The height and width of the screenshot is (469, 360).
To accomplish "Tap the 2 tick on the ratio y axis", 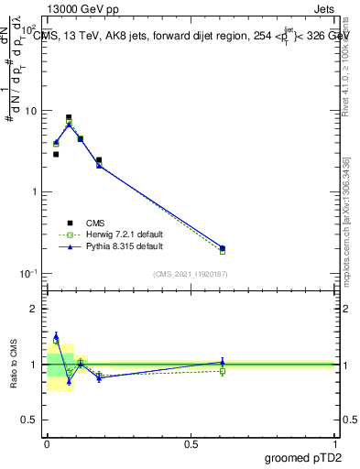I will point(38,309).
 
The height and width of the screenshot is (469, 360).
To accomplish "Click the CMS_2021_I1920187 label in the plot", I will point(190,274).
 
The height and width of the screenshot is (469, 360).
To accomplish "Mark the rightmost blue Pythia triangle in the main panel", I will point(223,247).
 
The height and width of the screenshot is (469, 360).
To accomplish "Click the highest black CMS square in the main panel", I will point(69,117).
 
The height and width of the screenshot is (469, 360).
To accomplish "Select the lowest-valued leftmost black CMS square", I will point(56,154).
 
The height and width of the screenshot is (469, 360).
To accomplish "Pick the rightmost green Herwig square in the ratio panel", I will point(223,371).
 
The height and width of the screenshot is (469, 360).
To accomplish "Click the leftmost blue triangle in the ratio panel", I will point(56,335).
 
